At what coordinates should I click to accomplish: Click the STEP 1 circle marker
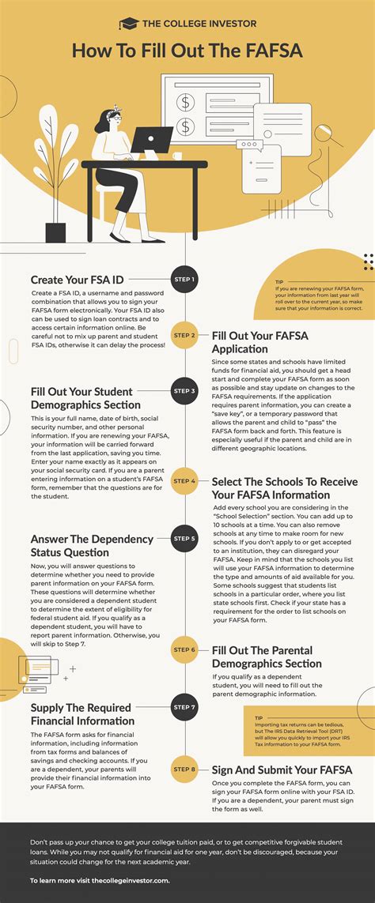click(x=184, y=279)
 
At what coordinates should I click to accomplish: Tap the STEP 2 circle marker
click(x=184, y=335)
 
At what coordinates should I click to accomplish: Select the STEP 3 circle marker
click(x=184, y=390)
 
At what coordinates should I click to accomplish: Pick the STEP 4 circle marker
click(x=184, y=480)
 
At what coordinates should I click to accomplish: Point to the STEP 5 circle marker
click(x=184, y=540)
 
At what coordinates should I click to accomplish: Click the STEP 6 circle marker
click(x=184, y=649)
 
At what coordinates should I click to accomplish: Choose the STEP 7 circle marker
click(x=184, y=706)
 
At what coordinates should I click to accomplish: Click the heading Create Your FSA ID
click(x=78, y=280)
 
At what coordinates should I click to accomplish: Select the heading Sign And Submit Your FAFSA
click(x=282, y=770)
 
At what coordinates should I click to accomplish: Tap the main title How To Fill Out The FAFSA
click(x=187, y=51)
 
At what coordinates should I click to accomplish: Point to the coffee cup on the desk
click(x=177, y=156)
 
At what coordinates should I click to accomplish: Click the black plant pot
click(x=55, y=232)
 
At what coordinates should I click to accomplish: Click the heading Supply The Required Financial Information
click(x=82, y=713)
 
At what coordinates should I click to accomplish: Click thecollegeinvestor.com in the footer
click(x=130, y=879)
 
